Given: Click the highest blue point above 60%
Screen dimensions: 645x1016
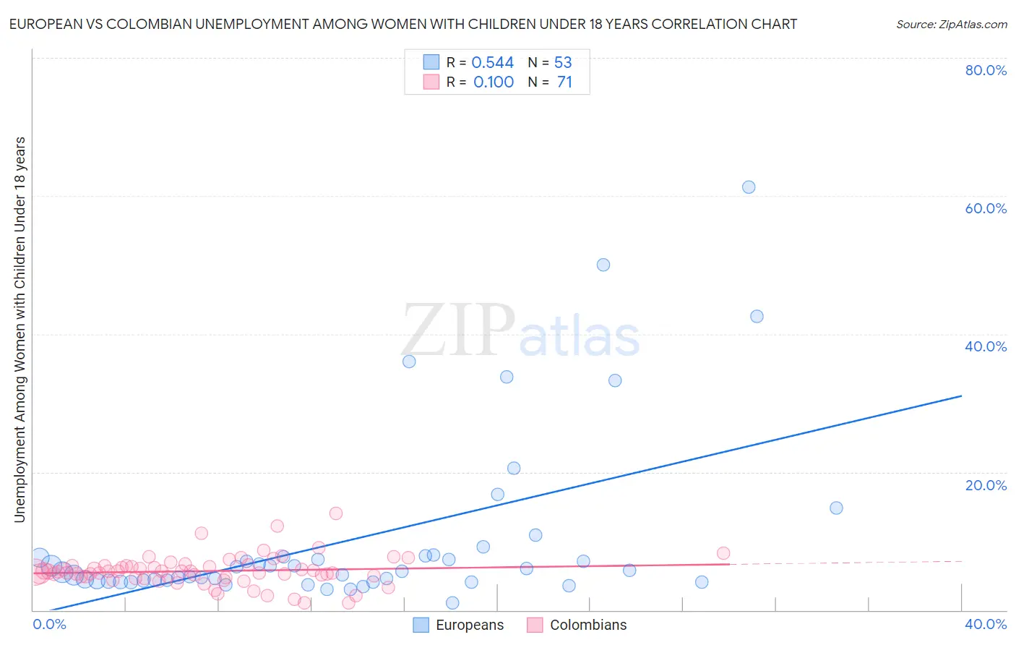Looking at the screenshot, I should [x=749, y=187].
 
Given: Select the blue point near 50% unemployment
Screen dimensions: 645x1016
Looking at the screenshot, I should [x=603, y=265].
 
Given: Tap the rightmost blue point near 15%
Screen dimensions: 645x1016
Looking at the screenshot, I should [x=836, y=508].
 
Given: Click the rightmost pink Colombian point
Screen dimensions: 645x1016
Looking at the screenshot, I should [x=723, y=553].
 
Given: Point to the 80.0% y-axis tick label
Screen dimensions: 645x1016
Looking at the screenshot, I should [x=986, y=70].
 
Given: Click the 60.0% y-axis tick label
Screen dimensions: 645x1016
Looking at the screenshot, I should [x=986, y=208].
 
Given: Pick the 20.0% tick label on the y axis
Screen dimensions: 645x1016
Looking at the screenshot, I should [x=986, y=485].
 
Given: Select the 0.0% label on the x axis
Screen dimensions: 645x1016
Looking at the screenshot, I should [x=49, y=624].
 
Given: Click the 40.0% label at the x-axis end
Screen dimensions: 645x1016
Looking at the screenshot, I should [x=986, y=624].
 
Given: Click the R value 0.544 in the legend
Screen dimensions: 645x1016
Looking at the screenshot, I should [x=492, y=63].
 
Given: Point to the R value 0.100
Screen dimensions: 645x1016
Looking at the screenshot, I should [x=493, y=82].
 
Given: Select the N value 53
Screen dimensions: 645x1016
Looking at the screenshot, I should [x=563, y=63].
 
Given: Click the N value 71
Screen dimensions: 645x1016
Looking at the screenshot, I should [x=564, y=82].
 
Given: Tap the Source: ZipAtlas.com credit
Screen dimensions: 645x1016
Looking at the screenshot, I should [x=951, y=25].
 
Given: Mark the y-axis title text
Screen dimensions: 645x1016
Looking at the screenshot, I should [x=20, y=329].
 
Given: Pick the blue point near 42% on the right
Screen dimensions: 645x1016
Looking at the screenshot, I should [x=757, y=316].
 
